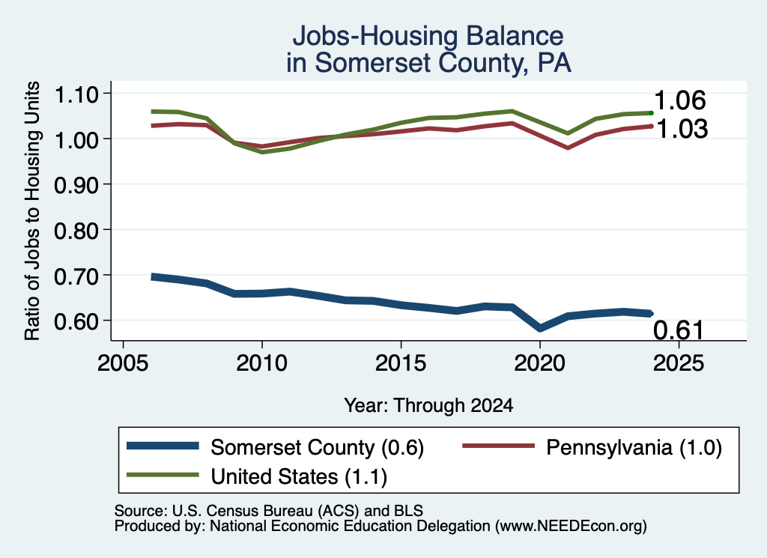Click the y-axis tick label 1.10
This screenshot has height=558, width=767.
click(x=76, y=94)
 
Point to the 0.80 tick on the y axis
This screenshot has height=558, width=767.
click(x=76, y=231)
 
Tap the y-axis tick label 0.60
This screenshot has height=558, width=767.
click(x=76, y=321)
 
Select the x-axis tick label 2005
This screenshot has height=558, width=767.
click(x=124, y=363)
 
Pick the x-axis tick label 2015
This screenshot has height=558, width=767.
click(x=401, y=363)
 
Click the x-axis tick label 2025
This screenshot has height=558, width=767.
click(x=679, y=363)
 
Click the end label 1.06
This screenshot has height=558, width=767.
click(x=679, y=100)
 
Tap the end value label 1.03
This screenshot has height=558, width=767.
click(x=682, y=129)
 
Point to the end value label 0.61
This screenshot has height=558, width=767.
click(x=678, y=330)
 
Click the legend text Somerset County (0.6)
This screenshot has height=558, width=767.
click(x=317, y=447)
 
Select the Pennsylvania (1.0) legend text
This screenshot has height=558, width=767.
click(x=634, y=447)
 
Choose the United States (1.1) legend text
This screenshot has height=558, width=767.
click(x=299, y=476)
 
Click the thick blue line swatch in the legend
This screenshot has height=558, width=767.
click(x=163, y=446)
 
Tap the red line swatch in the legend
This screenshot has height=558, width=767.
click(x=498, y=446)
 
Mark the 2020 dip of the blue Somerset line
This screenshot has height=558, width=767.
click(x=539, y=327)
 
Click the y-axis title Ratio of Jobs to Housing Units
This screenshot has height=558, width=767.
click(x=32, y=210)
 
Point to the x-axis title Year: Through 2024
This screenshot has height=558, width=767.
click(x=428, y=405)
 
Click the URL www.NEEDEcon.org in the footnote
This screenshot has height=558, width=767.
click(x=571, y=527)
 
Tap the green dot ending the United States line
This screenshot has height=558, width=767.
click(x=651, y=113)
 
